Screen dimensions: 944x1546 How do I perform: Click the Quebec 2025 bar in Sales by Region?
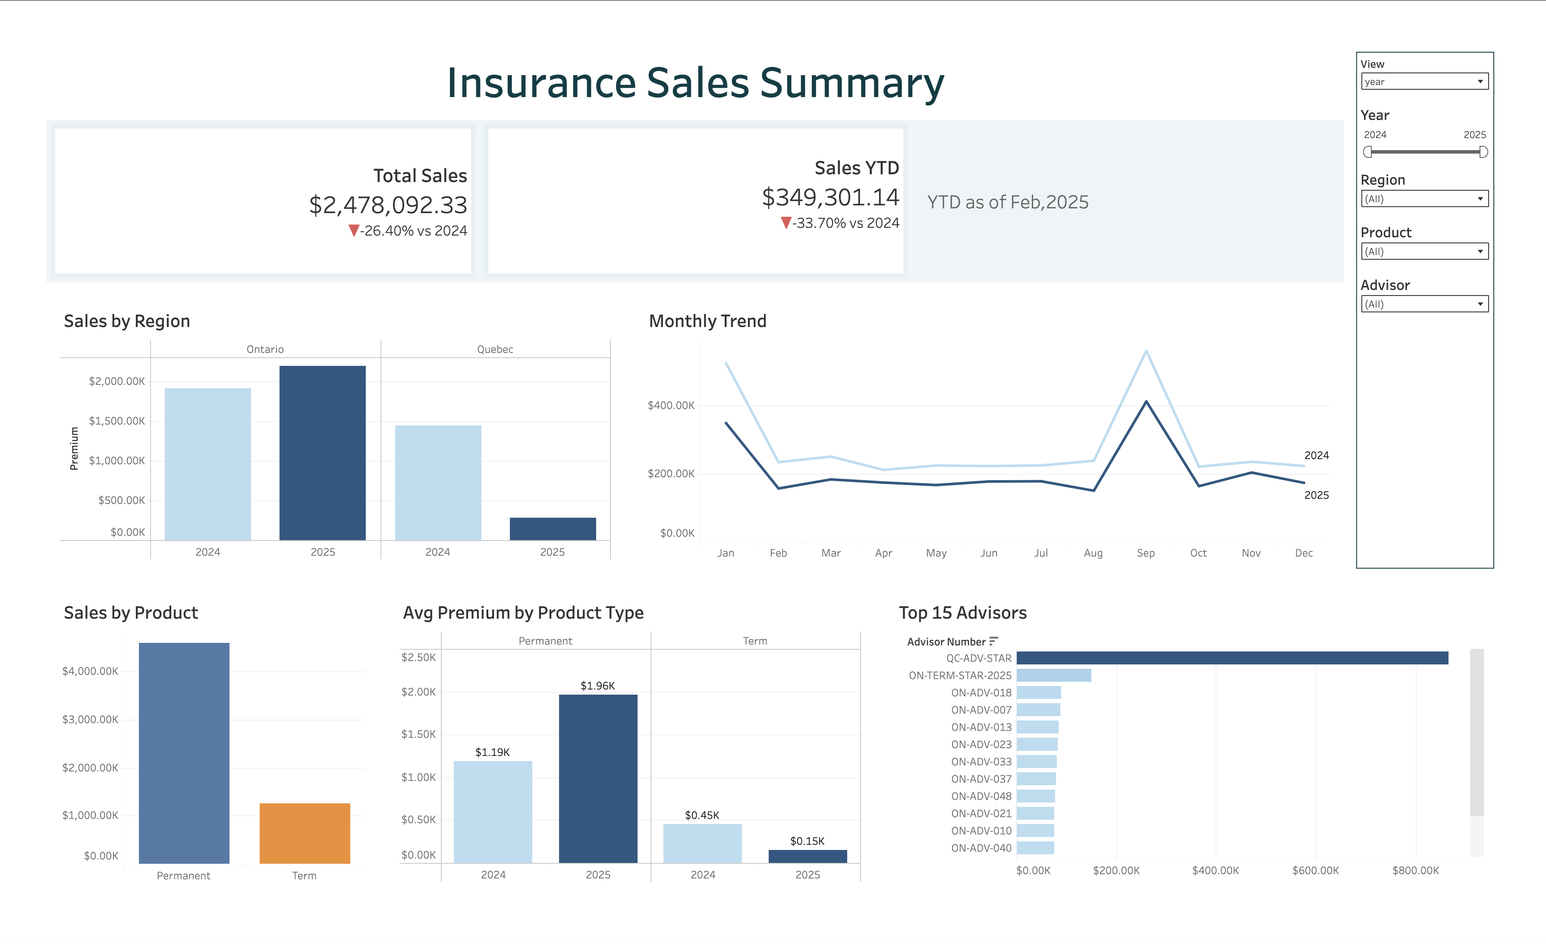point(553,529)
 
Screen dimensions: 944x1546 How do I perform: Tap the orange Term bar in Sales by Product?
point(304,833)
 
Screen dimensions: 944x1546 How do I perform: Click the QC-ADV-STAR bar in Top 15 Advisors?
point(1232,658)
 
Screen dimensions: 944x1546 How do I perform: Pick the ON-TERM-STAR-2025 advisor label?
point(959,675)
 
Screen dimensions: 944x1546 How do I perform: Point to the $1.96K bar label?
point(597,686)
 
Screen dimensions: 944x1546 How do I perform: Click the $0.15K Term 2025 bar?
point(808,856)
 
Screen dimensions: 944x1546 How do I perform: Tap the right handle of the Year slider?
point(1483,152)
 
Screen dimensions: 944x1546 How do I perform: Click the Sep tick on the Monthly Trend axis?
point(1146,553)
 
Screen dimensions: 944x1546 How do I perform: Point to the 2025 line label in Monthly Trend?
point(1316,495)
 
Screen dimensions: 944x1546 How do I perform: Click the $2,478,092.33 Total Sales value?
point(388,205)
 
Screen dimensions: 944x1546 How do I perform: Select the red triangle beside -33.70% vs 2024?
point(786,223)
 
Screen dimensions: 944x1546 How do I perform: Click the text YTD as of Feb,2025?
point(1008,202)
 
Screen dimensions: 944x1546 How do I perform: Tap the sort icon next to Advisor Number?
point(993,641)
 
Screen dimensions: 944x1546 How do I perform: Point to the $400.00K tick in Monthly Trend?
point(671,406)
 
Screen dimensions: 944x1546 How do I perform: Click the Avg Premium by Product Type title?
point(523,613)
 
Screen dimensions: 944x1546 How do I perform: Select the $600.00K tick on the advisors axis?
point(1315,871)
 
